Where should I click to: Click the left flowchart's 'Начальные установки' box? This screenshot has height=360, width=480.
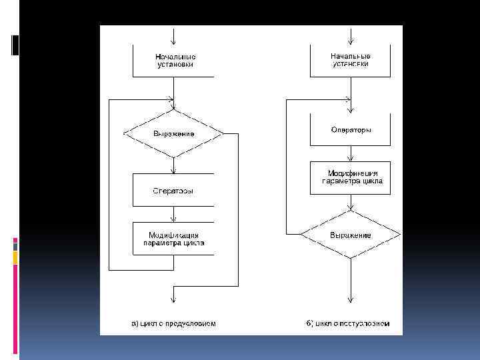173,61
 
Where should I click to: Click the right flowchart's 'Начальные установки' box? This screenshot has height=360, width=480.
351,61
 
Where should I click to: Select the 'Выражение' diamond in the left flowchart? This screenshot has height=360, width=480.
173,133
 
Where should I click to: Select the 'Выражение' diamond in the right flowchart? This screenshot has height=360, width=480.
351,235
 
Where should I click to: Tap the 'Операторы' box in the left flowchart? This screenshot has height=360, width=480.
173,191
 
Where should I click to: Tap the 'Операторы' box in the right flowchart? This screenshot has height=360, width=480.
351,130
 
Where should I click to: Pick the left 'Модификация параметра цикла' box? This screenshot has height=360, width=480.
173,239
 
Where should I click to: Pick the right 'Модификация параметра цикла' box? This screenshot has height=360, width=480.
351,177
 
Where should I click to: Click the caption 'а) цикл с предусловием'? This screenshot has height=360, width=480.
173,324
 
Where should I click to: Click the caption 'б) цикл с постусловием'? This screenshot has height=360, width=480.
348,324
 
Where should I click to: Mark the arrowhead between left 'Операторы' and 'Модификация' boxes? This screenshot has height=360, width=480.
173,219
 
